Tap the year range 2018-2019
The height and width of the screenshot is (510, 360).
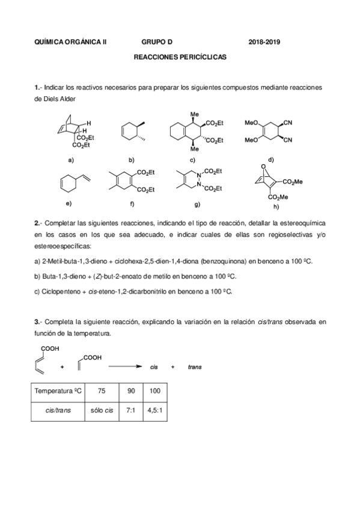pos(264,42)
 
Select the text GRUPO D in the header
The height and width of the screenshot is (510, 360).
pos(157,42)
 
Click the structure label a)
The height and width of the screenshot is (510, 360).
pos(71,160)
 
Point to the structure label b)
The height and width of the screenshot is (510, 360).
pos(131,160)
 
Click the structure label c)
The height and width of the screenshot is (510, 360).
pos(192,160)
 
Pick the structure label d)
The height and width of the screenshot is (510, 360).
pos(271,160)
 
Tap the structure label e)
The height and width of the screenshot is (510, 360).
pos(69,204)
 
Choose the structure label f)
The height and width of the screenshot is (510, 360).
pos(130,204)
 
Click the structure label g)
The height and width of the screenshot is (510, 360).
pos(197,204)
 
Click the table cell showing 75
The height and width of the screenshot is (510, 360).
pos(102,391)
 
